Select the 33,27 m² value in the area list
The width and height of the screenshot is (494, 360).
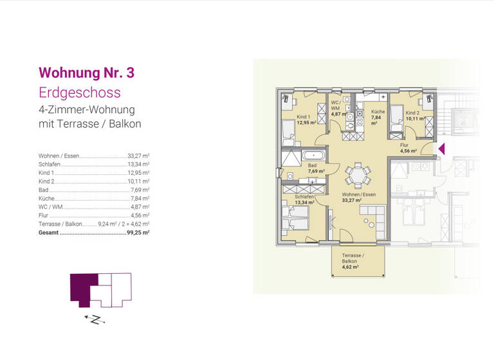pos(138,156)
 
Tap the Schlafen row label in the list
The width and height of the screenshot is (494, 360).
pos(50,165)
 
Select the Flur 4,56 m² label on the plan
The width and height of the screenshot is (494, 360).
pos(408,148)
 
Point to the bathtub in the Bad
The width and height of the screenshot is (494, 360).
pos(313,155)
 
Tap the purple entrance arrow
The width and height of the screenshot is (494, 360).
pos(441,149)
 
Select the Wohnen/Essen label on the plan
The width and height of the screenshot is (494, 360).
pos(359,197)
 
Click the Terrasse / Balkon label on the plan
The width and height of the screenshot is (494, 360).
pos(352,259)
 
